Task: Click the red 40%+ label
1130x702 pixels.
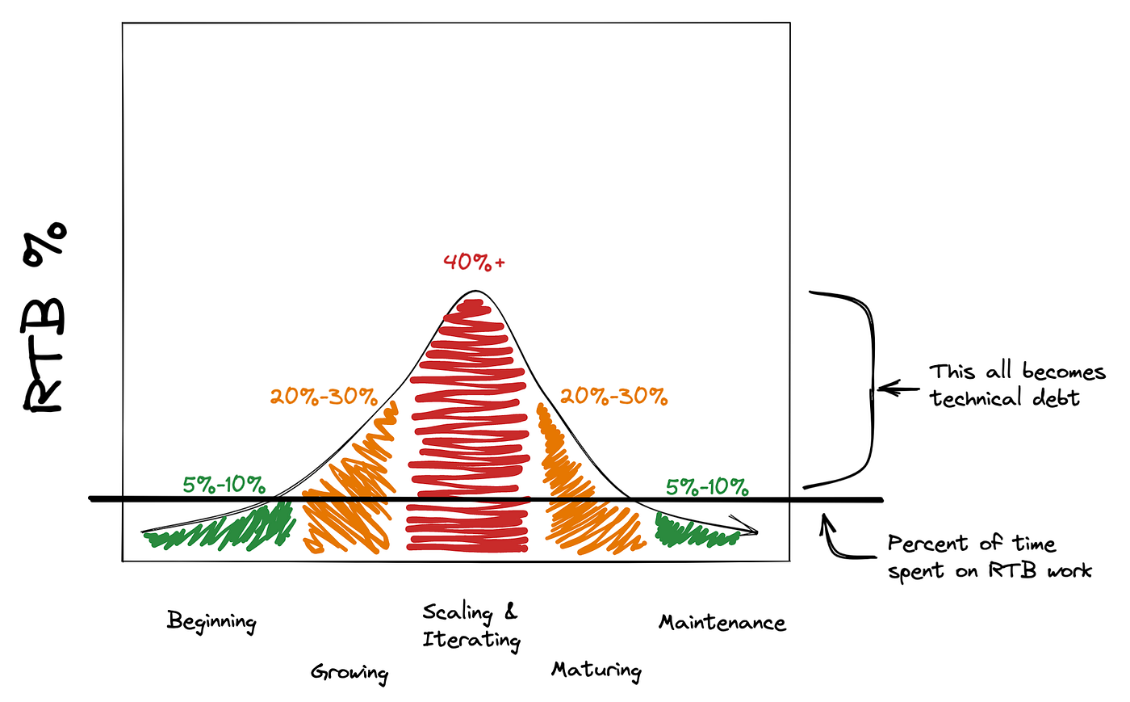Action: (x=474, y=263)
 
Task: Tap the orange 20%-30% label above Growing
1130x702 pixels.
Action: (x=324, y=397)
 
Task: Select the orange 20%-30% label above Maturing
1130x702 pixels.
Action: (x=614, y=397)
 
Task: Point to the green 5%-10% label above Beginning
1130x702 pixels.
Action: (x=224, y=485)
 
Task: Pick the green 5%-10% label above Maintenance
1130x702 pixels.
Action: (x=707, y=487)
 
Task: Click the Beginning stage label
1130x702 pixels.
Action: (x=211, y=621)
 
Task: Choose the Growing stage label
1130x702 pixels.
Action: (x=349, y=672)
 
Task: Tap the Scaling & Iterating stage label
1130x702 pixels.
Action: (x=471, y=626)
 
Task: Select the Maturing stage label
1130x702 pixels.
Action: (x=596, y=670)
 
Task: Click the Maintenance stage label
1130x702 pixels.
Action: (x=722, y=623)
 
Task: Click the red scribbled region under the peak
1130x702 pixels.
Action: (x=468, y=428)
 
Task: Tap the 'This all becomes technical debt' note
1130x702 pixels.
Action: (x=1015, y=385)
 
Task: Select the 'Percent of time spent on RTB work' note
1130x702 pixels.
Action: (x=989, y=557)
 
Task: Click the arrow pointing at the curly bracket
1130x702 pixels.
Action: (x=898, y=389)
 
